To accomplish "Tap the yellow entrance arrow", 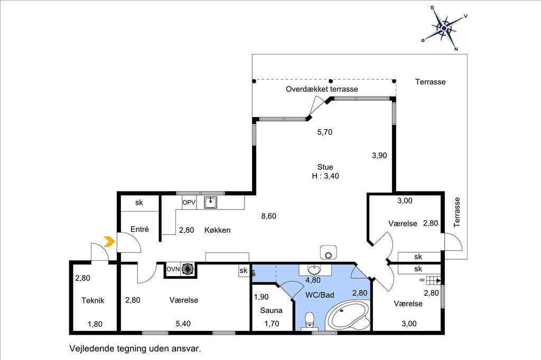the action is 109,242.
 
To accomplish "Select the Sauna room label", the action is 271,310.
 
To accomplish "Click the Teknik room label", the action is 93,300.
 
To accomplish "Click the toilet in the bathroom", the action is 310,320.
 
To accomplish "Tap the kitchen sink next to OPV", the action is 210,202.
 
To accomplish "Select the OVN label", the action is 173,269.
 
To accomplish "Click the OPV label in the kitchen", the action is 189,202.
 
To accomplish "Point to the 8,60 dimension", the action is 269,216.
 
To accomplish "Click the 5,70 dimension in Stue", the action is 325,132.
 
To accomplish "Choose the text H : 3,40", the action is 325,176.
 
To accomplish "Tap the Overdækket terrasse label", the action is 322,89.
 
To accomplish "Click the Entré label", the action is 139,229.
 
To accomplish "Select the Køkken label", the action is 217,230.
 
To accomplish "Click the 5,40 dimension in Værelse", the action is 183,324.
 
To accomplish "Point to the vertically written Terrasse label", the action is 457,212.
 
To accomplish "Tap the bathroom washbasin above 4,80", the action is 314,269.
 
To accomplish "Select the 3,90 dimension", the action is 379,156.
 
